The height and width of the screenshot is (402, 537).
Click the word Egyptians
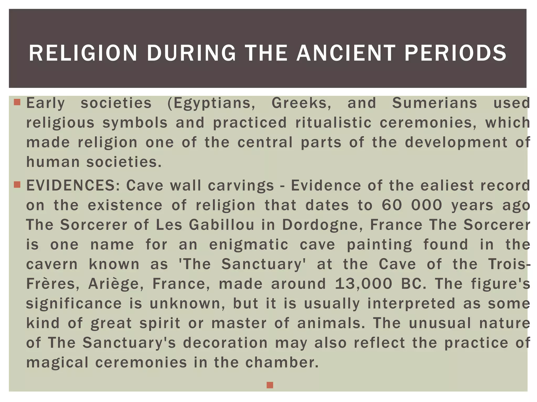tap(211, 103)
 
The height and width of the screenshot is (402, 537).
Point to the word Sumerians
tap(434, 103)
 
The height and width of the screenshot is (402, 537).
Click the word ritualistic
tap(333, 122)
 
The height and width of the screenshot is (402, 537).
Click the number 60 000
tap(412, 205)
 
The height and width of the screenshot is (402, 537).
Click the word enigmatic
tap(249, 245)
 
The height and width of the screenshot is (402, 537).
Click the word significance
tap(74, 304)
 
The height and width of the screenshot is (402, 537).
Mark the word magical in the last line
tap(57, 363)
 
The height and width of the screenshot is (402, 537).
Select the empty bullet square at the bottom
tap(270, 385)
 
